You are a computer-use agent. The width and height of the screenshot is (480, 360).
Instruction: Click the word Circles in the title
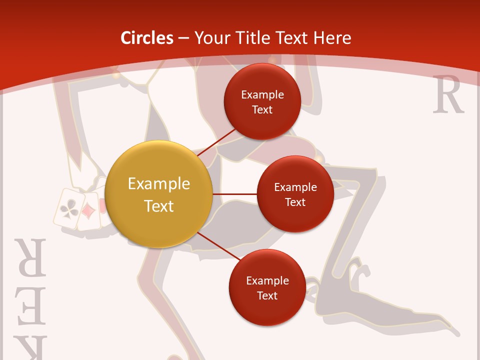[x=147, y=38]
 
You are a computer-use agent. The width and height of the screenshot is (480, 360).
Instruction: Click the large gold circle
[x=158, y=194]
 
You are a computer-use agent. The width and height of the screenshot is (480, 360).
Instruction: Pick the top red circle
[x=262, y=101]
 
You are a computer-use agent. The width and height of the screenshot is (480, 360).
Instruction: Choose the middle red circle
[x=295, y=194]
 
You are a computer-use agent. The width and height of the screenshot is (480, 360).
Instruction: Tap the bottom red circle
[x=267, y=287]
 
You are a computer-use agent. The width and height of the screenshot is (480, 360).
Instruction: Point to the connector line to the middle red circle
[x=234, y=194]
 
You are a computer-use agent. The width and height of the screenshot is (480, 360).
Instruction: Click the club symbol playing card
[x=67, y=209]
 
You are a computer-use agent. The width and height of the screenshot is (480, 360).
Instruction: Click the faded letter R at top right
[x=448, y=95]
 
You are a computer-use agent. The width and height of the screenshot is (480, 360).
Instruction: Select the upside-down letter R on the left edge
[x=30, y=257]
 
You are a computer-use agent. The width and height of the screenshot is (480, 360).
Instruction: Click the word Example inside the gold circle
[x=158, y=184]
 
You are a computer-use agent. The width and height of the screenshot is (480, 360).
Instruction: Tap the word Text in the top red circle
[x=262, y=109]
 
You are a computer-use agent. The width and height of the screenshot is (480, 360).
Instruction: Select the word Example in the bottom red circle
[x=267, y=280]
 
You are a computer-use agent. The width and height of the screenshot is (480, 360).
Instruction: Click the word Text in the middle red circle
[x=295, y=202]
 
